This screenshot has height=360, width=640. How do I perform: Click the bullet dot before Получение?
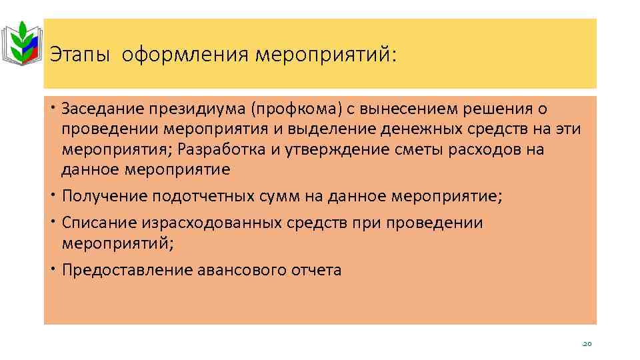53,195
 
